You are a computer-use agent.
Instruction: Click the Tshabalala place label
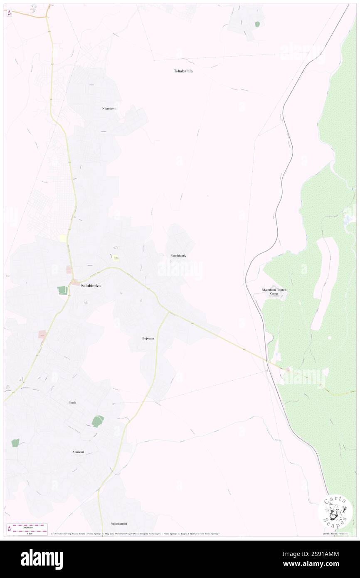click(x=183, y=71)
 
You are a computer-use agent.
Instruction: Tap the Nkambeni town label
click(x=109, y=109)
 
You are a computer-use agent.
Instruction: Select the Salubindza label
click(x=91, y=286)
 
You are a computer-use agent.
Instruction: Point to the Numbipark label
click(x=178, y=255)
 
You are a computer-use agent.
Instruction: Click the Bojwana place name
click(x=148, y=338)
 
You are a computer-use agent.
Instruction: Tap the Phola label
click(x=72, y=403)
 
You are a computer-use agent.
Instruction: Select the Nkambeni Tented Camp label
click(x=274, y=291)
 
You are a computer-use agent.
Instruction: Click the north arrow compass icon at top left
click(x=9, y=13)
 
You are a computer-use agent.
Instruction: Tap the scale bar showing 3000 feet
click(x=27, y=527)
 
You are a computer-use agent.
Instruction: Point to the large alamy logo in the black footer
click(x=42, y=559)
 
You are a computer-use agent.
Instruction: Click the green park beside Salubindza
click(x=62, y=290)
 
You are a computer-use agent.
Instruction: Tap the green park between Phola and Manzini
click(x=98, y=421)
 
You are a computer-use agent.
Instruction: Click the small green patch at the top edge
click(x=257, y=24)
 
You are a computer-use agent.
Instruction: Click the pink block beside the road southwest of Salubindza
click(x=42, y=334)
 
